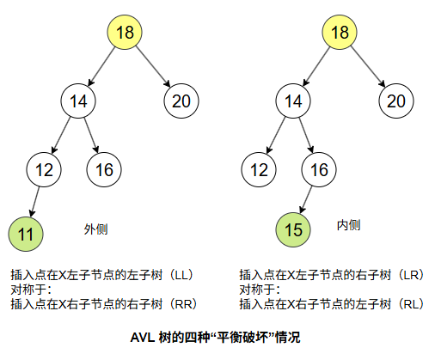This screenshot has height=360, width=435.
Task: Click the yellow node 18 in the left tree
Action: (x=125, y=32)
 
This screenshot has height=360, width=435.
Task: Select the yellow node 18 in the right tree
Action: (x=340, y=32)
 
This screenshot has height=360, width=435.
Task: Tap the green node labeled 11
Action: (x=26, y=234)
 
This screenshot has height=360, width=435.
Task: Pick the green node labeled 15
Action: (x=293, y=229)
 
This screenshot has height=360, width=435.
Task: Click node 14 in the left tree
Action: (x=78, y=101)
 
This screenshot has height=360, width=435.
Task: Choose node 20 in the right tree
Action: (x=396, y=101)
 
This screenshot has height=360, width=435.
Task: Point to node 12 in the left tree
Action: (x=44, y=169)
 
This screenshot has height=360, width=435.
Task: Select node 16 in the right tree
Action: (x=319, y=169)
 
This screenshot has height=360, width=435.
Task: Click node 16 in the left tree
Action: (x=104, y=169)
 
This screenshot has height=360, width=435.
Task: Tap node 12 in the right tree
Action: (x=259, y=169)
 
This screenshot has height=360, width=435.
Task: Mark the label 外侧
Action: (x=95, y=229)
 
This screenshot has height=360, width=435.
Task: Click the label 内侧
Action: (x=348, y=225)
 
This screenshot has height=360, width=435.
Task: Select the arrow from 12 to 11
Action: (x=34, y=202)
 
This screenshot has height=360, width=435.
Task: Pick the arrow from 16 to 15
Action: (x=306, y=199)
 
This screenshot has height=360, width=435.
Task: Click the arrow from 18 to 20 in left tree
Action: (x=153, y=66)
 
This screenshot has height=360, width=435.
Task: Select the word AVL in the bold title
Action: (x=143, y=338)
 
